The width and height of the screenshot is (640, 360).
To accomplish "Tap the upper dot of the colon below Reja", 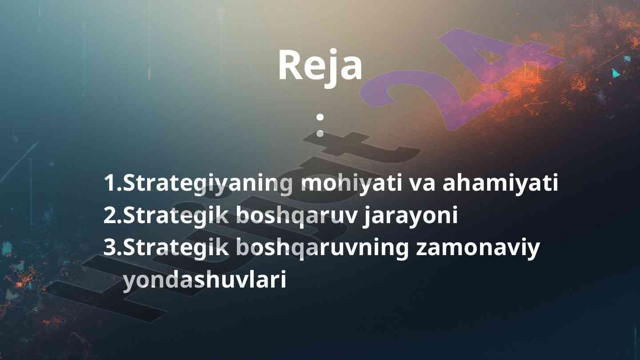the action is [320, 117].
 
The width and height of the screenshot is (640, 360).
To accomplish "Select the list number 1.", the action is [113, 183].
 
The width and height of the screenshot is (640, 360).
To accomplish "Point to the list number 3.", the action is [113, 248].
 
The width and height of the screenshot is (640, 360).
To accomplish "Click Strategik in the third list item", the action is [176, 248].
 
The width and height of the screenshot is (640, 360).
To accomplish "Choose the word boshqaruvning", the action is [323, 248].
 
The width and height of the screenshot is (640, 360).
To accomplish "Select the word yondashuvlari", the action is [204, 280].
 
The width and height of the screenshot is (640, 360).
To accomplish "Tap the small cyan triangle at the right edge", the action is [616, 73].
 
